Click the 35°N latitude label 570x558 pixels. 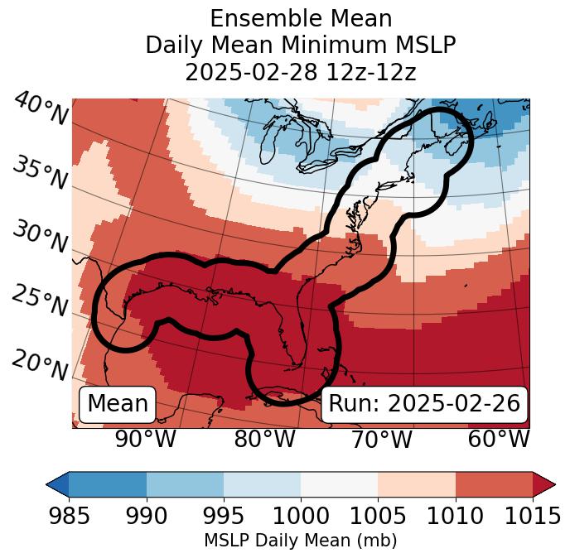pyautogui.click(x=40, y=173)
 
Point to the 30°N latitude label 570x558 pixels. pyautogui.click(x=40, y=238)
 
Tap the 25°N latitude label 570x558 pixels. pyautogui.click(x=40, y=301)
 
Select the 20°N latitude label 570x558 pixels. pyautogui.click(x=40, y=364)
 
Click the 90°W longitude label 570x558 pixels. pyautogui.click(x=145, y=439)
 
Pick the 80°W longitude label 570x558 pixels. pyautogui.click(x=264, y=439)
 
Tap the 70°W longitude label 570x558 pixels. pyautogui.click(x=381, y=439)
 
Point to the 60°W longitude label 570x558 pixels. pyautogui.click(x=499, y=439)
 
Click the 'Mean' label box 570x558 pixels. pyautogui.click(x=118, y=404)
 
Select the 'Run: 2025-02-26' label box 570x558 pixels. pyautogui.click(x=424, y=404)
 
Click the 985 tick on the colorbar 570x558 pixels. pyautogui.click(x=69, y=516)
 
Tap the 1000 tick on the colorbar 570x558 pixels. pyautogui.click(x=301, y=516)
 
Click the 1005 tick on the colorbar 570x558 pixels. pyautogui.click(x=378, y=516)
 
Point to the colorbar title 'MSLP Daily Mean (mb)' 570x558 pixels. pyautogui.click(x=300, y=541)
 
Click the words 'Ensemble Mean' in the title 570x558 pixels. pyautogui.click(x=300, y=18)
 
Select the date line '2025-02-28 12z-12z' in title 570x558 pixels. pyautogui.click(x=300, y=72)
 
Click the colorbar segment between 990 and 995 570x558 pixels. pyautogui.click(x=185, y=483)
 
